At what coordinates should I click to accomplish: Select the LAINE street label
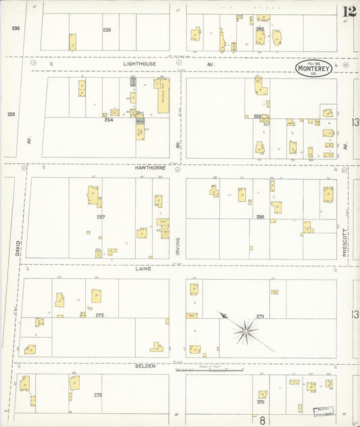click(143, 268)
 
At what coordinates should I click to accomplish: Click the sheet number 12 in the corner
click(349, 11)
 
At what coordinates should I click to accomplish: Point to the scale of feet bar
click(226, 370)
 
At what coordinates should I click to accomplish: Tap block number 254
click(108, 120)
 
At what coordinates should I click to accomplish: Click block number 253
click(257, 116)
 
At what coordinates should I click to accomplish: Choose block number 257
click(101, 217)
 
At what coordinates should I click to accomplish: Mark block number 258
click(260, 216)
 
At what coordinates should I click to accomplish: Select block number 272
click(99, 315)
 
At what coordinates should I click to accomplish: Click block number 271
click(260, 316)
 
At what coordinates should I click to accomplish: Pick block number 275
click(97, 394)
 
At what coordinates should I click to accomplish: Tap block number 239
click(106, 30)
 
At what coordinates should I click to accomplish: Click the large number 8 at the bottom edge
click(262, 420)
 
